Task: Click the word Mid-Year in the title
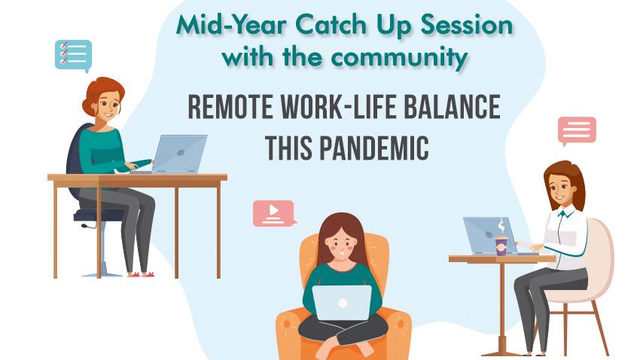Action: (231, 26)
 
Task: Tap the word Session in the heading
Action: (466, 25)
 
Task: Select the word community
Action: (399, 57)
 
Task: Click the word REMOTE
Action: (230, 107)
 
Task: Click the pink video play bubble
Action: (274, 212)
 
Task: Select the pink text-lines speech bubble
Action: (577, 130)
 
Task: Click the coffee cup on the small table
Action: (501, 246)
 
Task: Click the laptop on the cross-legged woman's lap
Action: (342, 303)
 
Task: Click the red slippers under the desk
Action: (142, 274)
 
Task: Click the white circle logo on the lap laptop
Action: (343, 303)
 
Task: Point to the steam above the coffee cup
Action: (501, 226)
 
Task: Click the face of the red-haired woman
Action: (108, 105)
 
